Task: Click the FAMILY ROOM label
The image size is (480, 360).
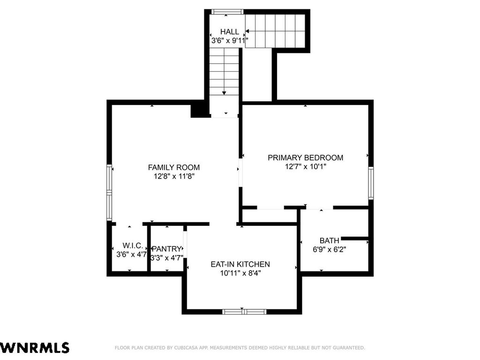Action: [174, 167]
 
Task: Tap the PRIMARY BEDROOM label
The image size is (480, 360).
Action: [306, 157]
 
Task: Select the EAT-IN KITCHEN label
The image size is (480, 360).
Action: [240, 264]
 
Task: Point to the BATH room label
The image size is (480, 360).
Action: [330, 240]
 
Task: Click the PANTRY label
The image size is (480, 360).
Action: [167, 249]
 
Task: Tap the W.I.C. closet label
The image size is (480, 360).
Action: [133, 246]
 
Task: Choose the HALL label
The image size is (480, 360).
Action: [230, 31]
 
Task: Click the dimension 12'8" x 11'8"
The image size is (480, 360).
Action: [174, 176]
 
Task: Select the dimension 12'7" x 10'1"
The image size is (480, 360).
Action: [306, 166]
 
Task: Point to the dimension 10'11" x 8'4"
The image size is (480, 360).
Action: [240, 273]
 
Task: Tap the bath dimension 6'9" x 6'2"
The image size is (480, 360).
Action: [330, 249]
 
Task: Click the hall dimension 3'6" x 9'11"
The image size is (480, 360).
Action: [230, 40]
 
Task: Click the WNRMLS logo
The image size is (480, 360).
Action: [35, 348]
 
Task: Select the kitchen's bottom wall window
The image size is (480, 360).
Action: [244, 312]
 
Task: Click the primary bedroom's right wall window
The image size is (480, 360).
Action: [371, 183]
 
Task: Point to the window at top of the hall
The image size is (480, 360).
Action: [227, 12]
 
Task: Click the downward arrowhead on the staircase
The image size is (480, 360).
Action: [224, 93]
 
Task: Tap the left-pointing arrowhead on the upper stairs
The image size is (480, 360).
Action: [247, 31]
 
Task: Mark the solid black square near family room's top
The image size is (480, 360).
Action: [197, 111]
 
